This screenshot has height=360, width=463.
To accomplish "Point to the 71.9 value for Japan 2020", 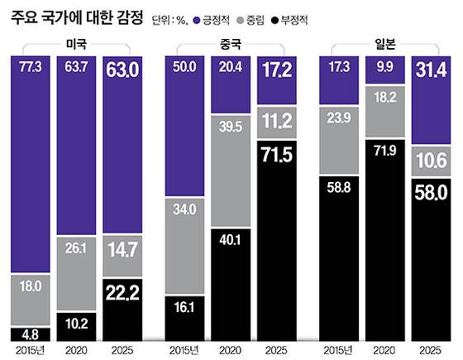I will pos(384,152).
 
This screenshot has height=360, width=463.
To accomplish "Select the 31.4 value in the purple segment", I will pos(432,65).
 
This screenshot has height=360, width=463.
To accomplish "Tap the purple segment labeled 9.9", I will pos(384,66).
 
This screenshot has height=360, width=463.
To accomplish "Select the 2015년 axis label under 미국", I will pos(29,351).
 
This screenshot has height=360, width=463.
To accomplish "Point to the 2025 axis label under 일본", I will pos(432,351).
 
